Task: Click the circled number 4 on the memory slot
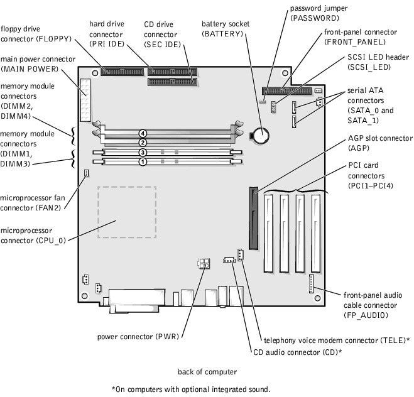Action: point(143,134)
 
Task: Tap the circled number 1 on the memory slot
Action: point(143,161)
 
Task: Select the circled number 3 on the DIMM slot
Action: point(143,152)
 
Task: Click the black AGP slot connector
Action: point(253,219)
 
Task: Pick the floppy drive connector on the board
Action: point(123,72)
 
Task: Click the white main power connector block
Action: point(85,100)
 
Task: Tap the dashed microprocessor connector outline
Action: point(127,212)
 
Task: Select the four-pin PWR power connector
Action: point(204,263)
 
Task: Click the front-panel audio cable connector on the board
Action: point(312,283)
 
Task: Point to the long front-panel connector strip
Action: point(286,91)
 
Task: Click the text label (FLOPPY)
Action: point(53,39)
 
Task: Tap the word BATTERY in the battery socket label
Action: point(222,34)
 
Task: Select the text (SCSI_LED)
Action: point(369,67)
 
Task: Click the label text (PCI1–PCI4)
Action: point(371,186)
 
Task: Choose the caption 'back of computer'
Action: point(207,372)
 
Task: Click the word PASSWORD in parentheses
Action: point(315,18)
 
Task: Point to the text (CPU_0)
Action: point(50,241)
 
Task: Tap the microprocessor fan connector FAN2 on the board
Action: point(86,173)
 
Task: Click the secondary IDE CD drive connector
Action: point(172,82)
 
